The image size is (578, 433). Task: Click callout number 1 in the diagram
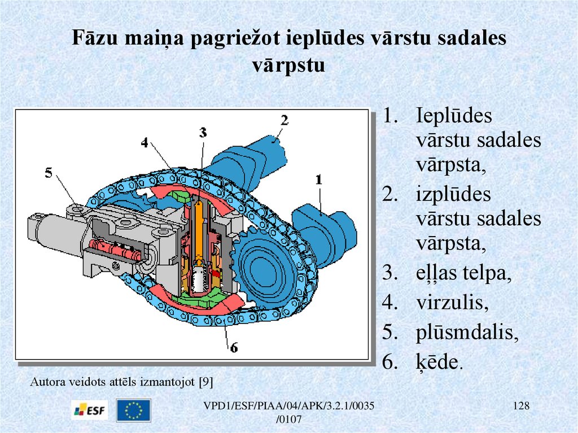[x=318, y=180]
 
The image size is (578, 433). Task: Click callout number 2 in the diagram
[x=284, y=120]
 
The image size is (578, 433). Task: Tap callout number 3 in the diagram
[x=203, y=132]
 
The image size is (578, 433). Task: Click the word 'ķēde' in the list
[x=436, y=362]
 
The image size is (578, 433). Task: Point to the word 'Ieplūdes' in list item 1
[x=454, y=116]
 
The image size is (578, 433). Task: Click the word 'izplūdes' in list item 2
[x=454, y=194]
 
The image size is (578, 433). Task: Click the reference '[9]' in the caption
[x=205, y=382]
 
